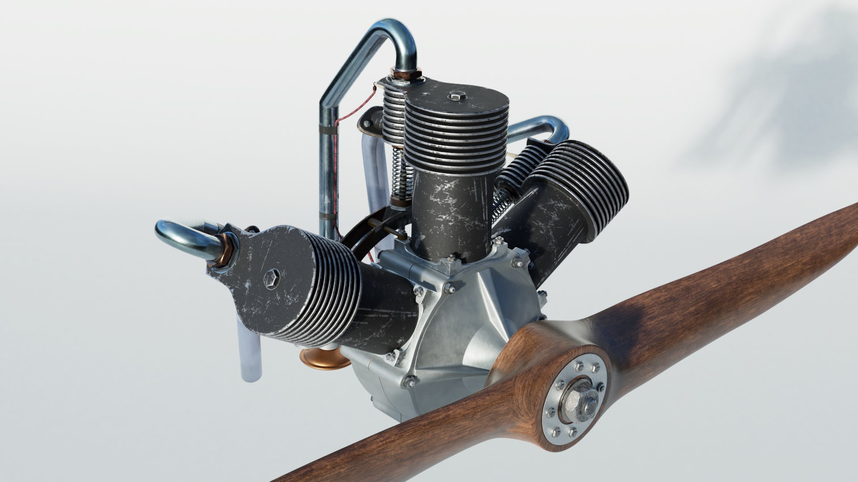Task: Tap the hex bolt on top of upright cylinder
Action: pyautogui.click(x=456, y=95)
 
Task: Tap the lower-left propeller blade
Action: pyautogui.click(x=402, y=446)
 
